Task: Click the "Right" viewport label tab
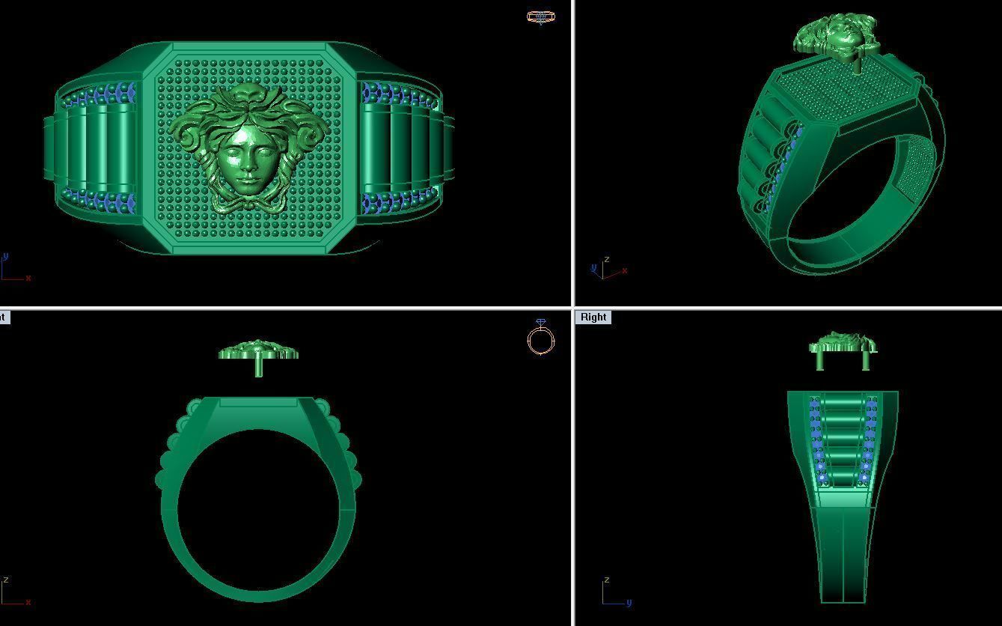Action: [593, 317]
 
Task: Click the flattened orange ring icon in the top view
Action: [540, 16]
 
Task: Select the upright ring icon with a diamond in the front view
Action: [540, 338]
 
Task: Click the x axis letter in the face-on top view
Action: [28, 278]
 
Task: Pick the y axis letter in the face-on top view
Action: [6, 256]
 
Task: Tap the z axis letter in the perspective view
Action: [606, 260]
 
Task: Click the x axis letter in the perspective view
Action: [625, 270]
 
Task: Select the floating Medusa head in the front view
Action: [258, 350]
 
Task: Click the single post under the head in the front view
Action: [259, 368]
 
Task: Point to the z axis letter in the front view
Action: [6, 580]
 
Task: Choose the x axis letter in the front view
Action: [28, 602]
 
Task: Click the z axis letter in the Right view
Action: [606, 580]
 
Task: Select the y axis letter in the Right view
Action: [629, 602]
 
